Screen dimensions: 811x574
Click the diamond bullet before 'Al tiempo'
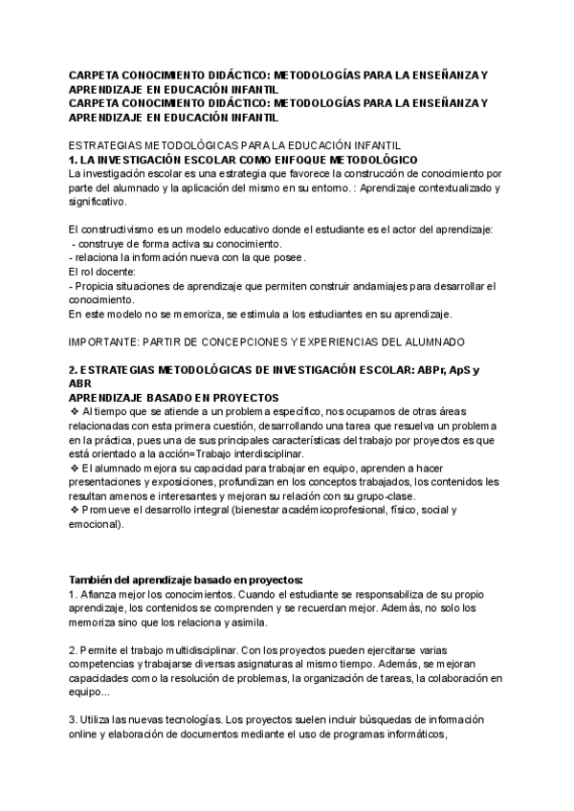coord(75,410)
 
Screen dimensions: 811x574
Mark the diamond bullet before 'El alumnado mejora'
coord(75,469)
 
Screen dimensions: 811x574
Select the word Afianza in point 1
coord(101,594)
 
